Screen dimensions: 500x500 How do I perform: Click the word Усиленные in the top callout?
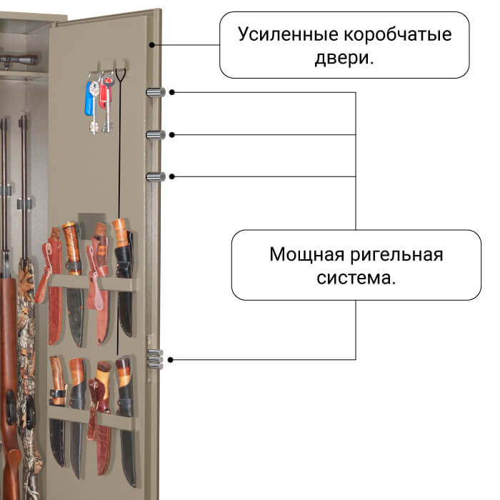point(288,34)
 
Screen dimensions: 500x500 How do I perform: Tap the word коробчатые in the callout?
point(397,35)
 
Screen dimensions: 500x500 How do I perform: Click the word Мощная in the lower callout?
point(306,254)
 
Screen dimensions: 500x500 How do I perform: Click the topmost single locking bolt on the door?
point(155,92)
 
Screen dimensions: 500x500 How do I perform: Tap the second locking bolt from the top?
point(155,135)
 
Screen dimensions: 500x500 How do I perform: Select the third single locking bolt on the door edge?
point(155,176)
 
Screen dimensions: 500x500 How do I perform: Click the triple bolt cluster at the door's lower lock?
point(155,359)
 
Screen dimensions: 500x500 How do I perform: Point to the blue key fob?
point(89,98)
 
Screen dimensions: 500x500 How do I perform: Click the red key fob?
point(103,94)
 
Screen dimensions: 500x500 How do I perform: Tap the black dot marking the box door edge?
point(152,45)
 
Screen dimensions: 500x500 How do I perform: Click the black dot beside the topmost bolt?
point(172,92)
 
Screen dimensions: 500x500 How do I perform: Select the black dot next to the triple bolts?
point(171,360)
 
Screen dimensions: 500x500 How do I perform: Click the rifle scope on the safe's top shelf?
point(19,60)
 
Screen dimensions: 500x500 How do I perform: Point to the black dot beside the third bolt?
point(172,176)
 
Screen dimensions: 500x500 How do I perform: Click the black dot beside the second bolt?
point(172,135)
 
